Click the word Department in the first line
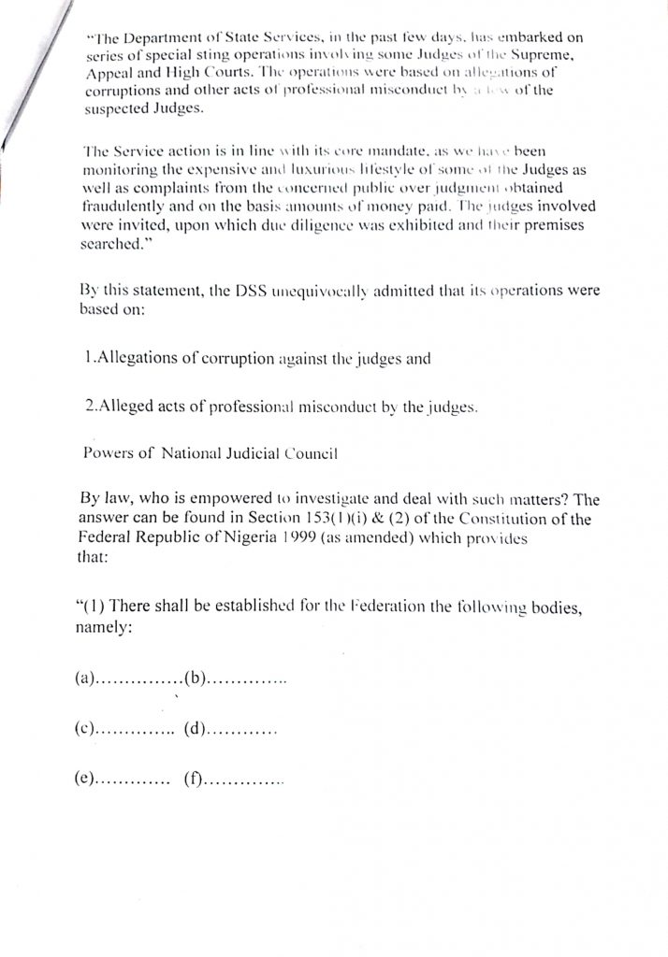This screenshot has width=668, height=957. pyautogui.click(x=165, y=38)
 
